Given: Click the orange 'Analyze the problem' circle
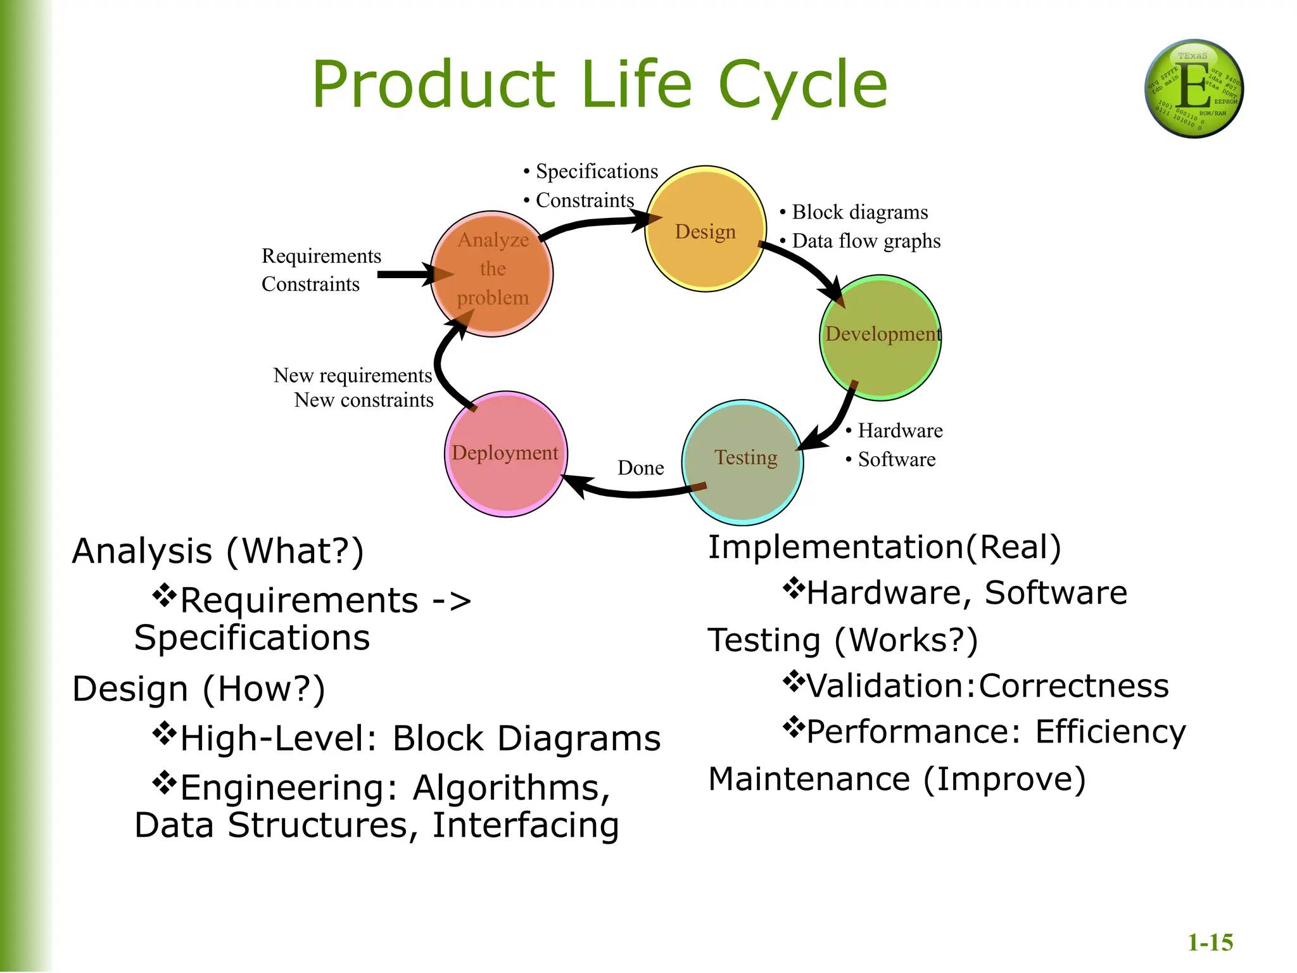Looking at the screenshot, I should (492, 274).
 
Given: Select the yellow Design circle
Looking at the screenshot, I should (705, 229).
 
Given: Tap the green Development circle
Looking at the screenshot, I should (880, 338).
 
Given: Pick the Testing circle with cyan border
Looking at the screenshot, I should (743, 462).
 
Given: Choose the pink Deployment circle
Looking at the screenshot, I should (505, 454).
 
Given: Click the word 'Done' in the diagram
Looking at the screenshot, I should (640, 468).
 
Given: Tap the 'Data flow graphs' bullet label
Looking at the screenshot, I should (865, 241).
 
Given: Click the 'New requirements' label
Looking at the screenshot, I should (353, 376).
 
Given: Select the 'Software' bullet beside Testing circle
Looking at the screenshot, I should (896, 459).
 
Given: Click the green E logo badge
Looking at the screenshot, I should (1194, 89).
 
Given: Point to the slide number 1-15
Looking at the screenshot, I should (1210, 943).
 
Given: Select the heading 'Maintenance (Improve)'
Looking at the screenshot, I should (897, 779).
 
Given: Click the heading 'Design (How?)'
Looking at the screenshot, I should (199, 689).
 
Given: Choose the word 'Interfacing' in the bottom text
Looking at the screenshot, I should (525, 825).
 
